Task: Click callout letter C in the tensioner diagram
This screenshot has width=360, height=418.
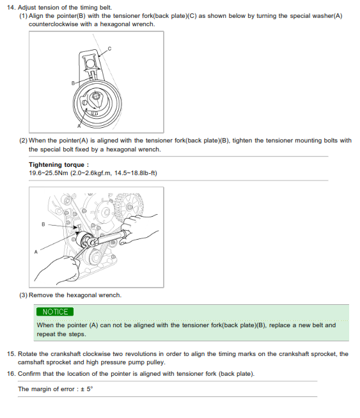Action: (x=109, y=49)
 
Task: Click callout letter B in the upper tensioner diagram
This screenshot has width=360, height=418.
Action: (x=73, y=83)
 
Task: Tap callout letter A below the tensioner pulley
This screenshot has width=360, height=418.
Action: (x=79, y=126)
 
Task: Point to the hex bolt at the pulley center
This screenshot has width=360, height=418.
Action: (x=95, y=96)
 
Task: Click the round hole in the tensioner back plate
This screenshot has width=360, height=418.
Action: (x=90, y=63)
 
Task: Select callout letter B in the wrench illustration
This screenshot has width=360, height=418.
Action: (x=43, y=224)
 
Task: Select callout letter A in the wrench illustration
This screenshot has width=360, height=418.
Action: (x=36, y=252)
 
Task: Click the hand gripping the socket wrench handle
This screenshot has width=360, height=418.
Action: (x=139, y=229)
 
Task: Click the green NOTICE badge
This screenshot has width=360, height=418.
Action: (x=55, y=312)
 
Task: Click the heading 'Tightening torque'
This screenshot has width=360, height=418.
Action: (x=56, y=165)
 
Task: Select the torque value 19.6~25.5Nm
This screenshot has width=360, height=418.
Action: (x=49, y=173)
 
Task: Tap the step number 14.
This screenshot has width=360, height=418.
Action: (x=12, y=8)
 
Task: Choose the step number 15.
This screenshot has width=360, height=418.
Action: (x=12, y=354)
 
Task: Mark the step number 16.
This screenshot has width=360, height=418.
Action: (x=12, y=374)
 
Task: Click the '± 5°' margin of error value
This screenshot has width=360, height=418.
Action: (x=87, y=389)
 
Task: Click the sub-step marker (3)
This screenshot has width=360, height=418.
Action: (x=23, y=295)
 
